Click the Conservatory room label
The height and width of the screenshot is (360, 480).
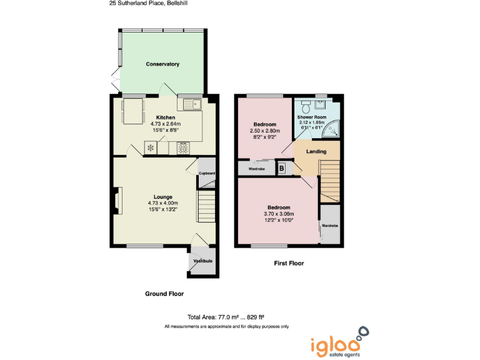[x=162, y=64]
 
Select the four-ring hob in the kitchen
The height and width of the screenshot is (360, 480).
[x=184, y=148]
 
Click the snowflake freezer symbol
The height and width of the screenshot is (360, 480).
[x=151, y=148]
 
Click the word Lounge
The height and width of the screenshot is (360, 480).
[x=163, y=197]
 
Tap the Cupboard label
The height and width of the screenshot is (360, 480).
[x=207, y=173]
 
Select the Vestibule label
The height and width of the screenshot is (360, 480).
[x=203, y=260]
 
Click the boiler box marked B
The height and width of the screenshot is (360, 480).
[x=281, y=168]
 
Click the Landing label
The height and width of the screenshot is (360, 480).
[x=316, y=152]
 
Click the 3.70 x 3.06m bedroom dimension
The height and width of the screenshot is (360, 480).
[x=279, y=214]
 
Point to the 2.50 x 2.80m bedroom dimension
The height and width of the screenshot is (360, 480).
[x=265, y=131]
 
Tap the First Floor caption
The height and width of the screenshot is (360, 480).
[x=289, y=263]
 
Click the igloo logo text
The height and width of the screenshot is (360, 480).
[x=335, y=343]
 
